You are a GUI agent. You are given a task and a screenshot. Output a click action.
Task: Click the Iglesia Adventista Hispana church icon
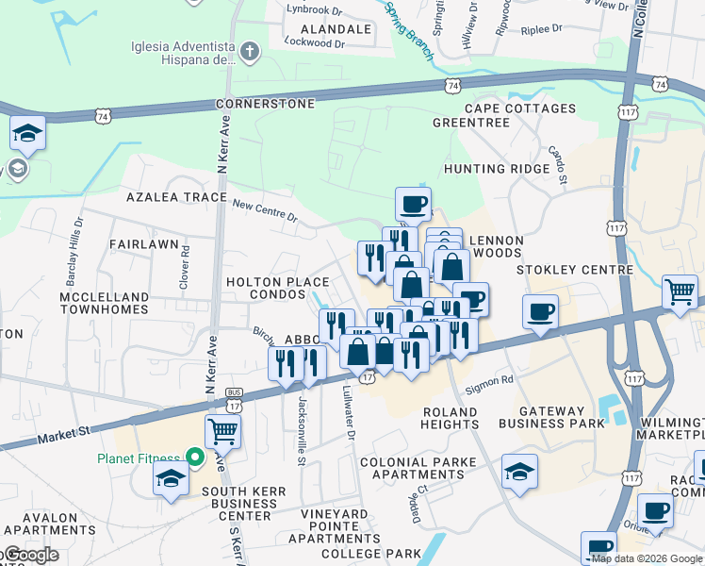pos(250,50)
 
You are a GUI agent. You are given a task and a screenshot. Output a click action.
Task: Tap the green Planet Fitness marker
pos(195,458)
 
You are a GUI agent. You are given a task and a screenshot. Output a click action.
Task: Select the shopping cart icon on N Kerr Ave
pos(222,432)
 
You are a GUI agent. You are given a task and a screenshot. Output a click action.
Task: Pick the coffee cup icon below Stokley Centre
pos(540,311)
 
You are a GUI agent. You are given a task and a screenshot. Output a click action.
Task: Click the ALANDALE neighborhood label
pos(335,29)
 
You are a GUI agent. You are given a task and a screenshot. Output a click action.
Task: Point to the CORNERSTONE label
pos(265,103)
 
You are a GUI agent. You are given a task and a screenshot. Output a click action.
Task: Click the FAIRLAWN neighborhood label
pos(143,244)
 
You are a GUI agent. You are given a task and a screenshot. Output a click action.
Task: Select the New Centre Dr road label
pos(265,210)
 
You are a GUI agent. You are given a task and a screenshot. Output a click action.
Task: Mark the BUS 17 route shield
pos(233,404)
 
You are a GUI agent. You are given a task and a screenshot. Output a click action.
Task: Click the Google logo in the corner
pos(30,555)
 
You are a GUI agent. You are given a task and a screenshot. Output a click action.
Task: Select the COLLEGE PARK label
pos(370,554)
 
